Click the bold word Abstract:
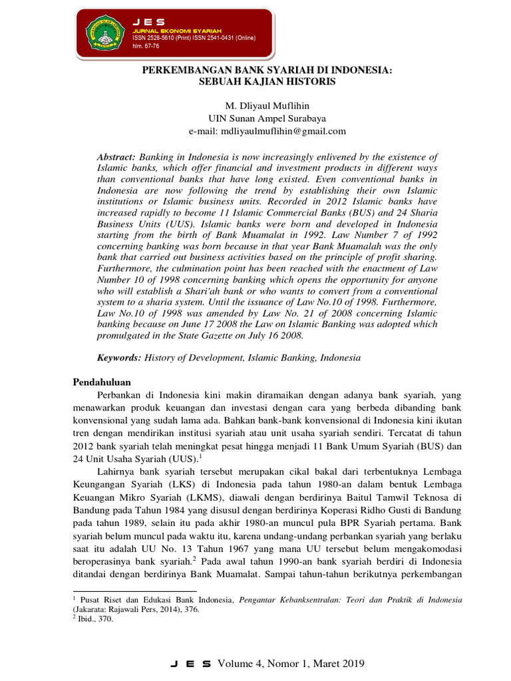point(116,156)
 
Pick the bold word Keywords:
point(119,357)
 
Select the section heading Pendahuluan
point(101,382)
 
